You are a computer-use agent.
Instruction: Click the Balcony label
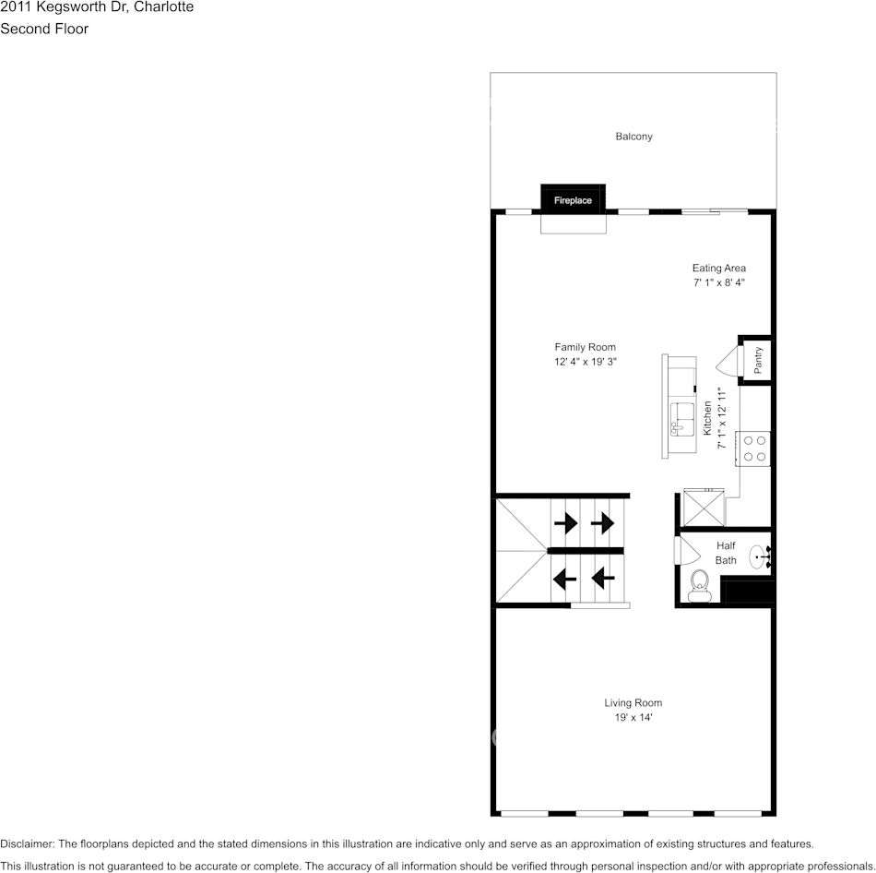pos(633,137)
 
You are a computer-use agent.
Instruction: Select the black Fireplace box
pos(573,199)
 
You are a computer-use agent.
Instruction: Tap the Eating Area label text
pos(718,269)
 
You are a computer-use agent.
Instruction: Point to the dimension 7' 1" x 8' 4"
pos(718,283)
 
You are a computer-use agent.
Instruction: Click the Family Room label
pos(585,348)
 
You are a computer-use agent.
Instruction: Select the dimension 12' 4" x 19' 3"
pos(585,363)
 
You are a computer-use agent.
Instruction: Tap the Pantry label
pos(758,359)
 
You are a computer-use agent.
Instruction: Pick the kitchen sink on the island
pos(681,419)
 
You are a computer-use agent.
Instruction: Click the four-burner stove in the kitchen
pos(752,448)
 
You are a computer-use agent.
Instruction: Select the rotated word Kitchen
pos(707,418)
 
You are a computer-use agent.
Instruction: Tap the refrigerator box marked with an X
pos(704,508)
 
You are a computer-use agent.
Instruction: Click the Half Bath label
pos(726,553)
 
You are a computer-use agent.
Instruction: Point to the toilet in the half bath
pos(699,585)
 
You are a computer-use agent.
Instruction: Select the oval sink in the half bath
pos(758,556)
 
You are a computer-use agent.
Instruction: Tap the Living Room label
pos(633,703)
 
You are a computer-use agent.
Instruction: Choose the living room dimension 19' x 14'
pos(633,718)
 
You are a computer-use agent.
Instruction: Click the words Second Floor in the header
pos(44,29)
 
